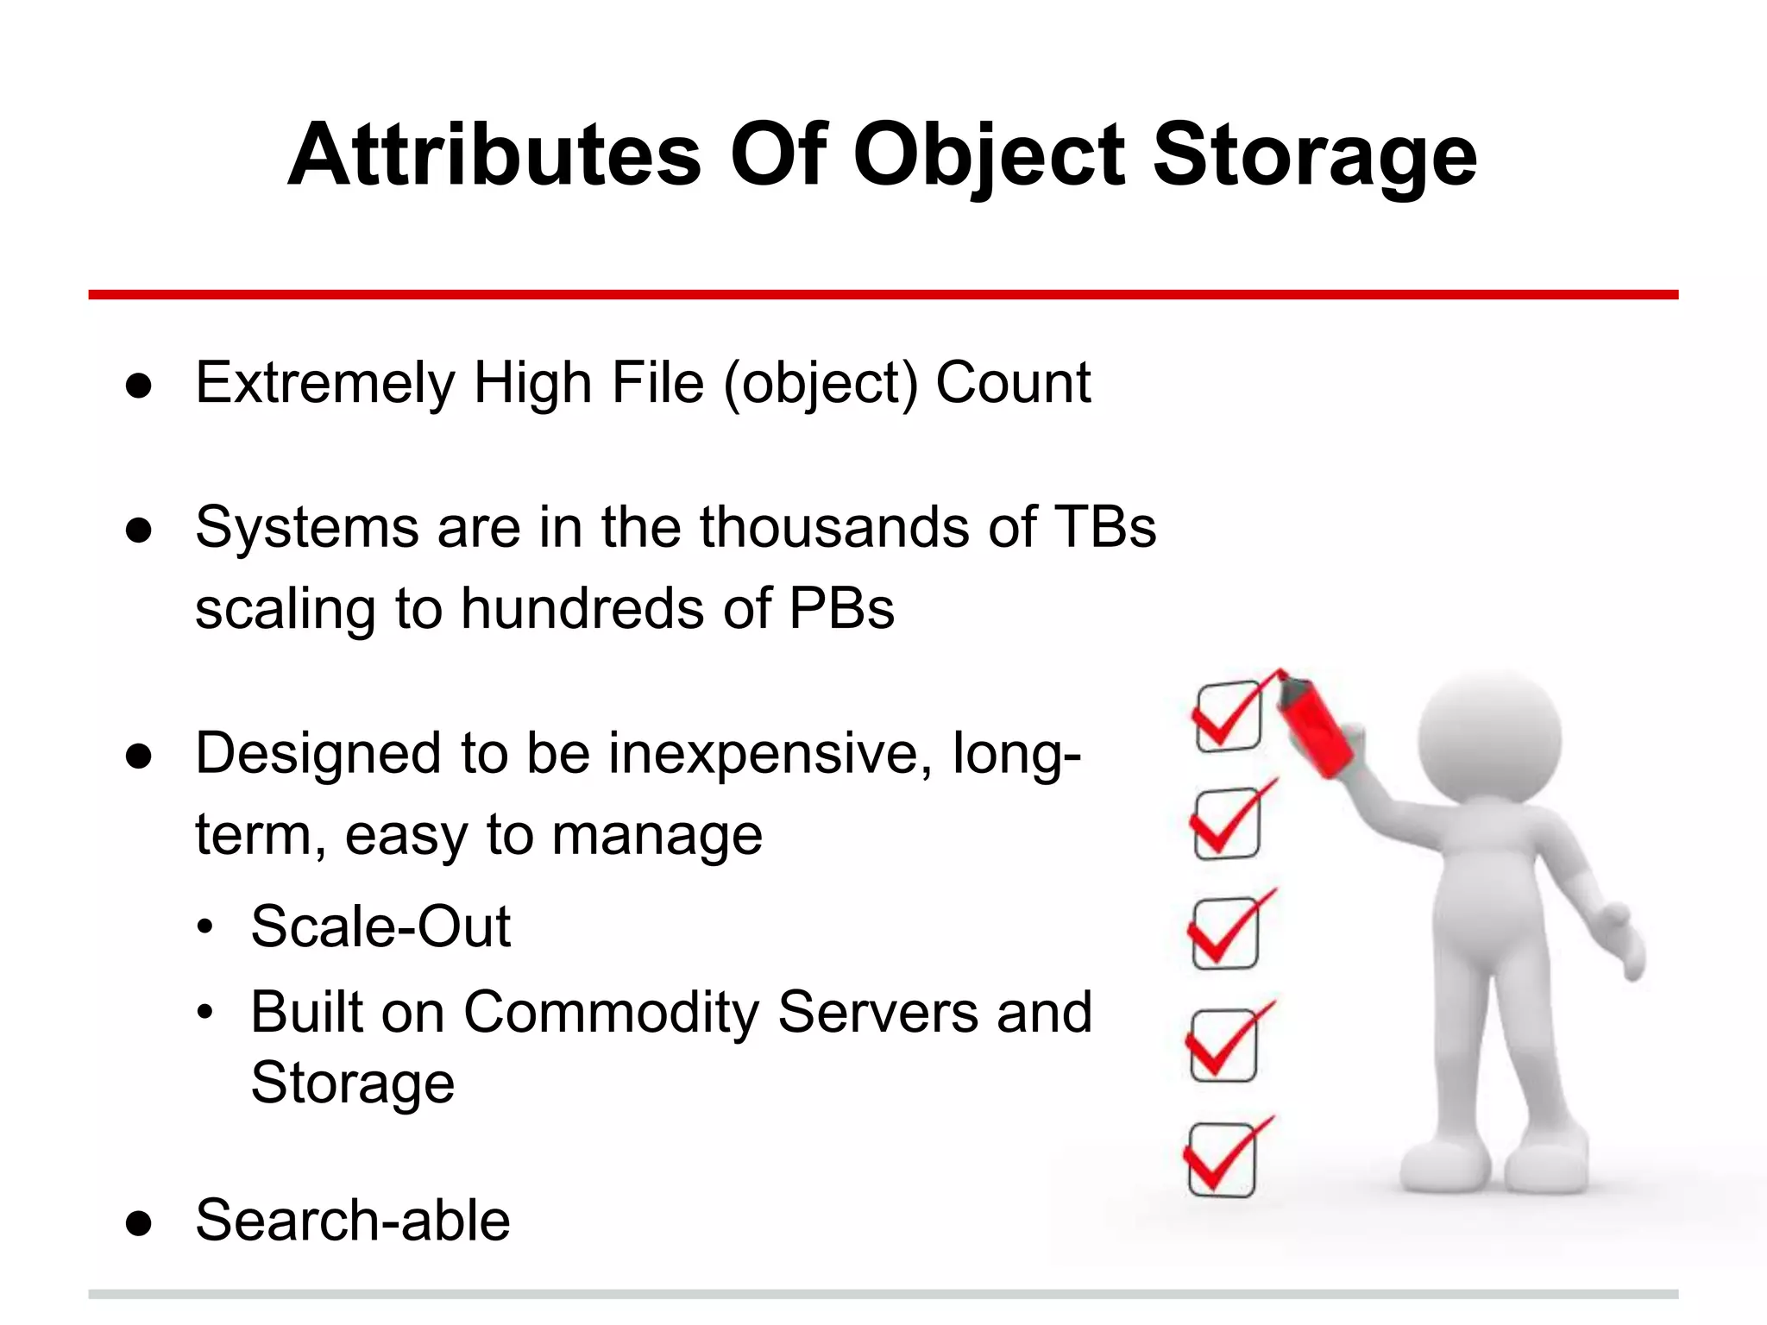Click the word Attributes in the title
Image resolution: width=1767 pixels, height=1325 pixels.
click(494, 155)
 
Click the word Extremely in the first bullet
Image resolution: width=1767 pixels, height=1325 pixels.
click(324, 384)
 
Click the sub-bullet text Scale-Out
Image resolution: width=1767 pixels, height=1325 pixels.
click(380, 927)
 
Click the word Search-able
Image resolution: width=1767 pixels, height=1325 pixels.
click(353, 1221)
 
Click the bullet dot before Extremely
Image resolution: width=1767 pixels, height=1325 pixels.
click(139, 386)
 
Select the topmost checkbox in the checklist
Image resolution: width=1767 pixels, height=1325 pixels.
click(1229, 716)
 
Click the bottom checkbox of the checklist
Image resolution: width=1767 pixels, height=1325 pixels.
click(1221, 1160)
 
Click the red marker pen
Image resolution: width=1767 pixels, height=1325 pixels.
click(1314, 725)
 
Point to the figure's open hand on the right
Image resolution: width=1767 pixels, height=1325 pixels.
click(1622, 940)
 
